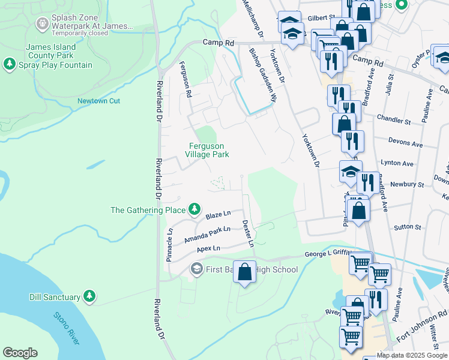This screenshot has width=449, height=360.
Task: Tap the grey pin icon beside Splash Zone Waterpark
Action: (42, 23)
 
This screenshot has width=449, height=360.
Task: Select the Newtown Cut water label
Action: (98, 101)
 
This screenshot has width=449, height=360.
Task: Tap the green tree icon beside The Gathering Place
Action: (194, 209)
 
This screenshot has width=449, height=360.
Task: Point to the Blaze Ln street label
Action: (218, 214)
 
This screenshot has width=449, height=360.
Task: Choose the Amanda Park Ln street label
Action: (207, 234)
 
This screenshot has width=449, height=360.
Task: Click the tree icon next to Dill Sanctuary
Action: (89, 296)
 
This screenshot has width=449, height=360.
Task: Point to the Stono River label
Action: (66, 328)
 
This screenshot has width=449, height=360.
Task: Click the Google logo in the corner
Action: (20, 353)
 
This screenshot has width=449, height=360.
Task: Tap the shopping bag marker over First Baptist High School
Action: (244, 272)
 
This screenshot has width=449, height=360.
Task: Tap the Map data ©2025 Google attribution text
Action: (412, 355)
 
